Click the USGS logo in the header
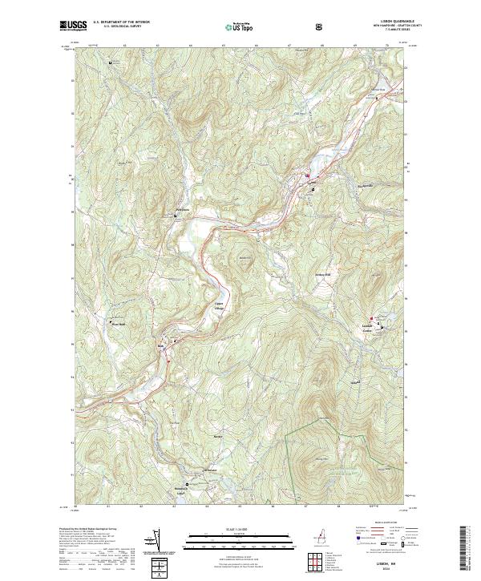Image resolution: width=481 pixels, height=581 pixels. point(74,26)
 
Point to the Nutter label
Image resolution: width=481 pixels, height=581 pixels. point(217,437)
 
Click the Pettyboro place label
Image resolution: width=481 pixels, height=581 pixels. point(183,211)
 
